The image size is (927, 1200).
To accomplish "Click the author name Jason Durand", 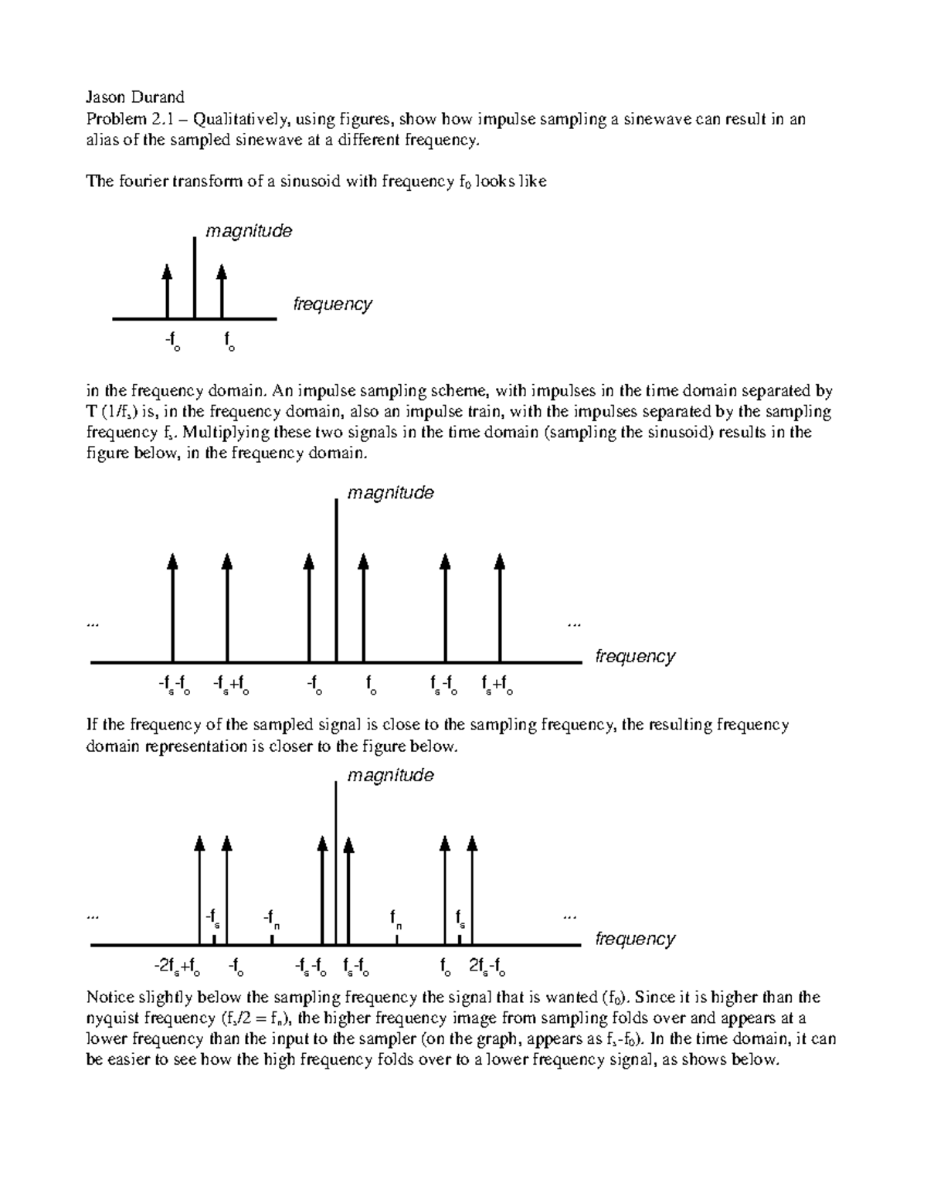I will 134,97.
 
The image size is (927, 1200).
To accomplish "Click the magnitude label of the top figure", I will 248,231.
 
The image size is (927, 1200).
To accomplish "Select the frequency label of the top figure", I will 332,304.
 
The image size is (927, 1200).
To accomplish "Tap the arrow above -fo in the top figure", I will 167,290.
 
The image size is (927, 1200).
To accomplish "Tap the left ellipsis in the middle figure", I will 94,623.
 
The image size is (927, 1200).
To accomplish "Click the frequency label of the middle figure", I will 635,657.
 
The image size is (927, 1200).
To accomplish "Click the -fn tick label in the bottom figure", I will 271,919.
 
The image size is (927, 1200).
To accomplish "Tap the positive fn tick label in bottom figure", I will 396,919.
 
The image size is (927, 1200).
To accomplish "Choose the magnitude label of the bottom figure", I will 390,775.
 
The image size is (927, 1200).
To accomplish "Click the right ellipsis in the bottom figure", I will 571,916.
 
